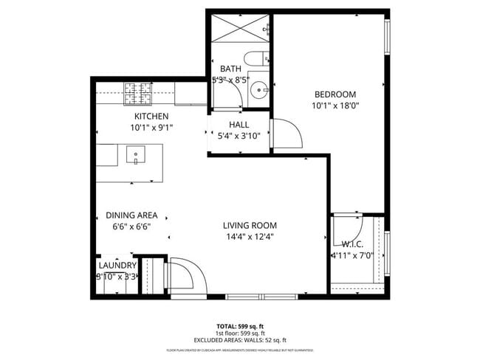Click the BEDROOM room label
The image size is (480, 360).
[x=335, y=94]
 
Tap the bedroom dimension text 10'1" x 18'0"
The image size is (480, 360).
[x=335, y=105]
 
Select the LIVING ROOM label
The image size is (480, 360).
[x=250, y=226]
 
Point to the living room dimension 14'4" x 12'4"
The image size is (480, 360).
[x=250, y=237]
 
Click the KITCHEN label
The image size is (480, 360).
[x=151, y=117]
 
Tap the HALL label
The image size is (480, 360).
[x=239, y=125]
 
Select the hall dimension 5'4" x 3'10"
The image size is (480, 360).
[x=239, y=136]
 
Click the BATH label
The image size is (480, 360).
[x=230, y=69]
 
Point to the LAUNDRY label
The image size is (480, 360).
[x=117, y=266]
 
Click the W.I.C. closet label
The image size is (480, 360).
[x=352, y=244]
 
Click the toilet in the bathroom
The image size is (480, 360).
[x=258, y=59]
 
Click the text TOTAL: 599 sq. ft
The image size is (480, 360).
[x=240, y=325]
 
